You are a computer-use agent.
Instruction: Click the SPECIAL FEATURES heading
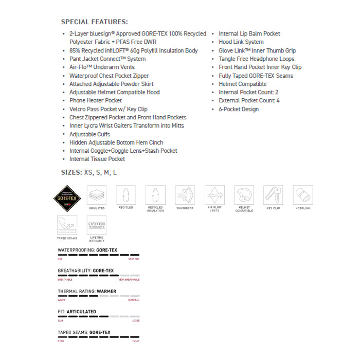click(95, 22)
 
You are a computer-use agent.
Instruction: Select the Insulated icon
click(96, 195)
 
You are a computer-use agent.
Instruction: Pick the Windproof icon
click(185, 195)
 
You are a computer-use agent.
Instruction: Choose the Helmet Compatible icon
click(244, 195)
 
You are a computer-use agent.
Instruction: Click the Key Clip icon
click(273, 195)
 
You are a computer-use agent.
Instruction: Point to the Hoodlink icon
click(303, 195)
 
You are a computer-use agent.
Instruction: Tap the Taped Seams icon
click(67, 225)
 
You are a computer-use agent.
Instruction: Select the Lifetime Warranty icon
click(96, 225)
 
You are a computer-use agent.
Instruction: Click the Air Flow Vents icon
click(214, 195)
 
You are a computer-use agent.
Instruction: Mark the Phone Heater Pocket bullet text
click(96, 100)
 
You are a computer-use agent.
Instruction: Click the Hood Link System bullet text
click(241, 42)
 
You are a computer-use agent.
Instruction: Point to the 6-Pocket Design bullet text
click(239, 109)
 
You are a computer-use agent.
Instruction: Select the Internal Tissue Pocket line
click(97, 159)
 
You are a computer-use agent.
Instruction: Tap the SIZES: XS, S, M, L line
click(89, 173)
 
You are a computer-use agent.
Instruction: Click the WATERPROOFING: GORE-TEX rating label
click(87, 250)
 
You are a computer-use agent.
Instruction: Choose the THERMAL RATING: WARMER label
click(87, 291)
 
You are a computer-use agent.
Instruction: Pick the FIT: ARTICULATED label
click(77, 312)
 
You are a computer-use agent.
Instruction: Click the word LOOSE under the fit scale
click(136, 320)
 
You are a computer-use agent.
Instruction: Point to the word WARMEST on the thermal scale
click(134, 300)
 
